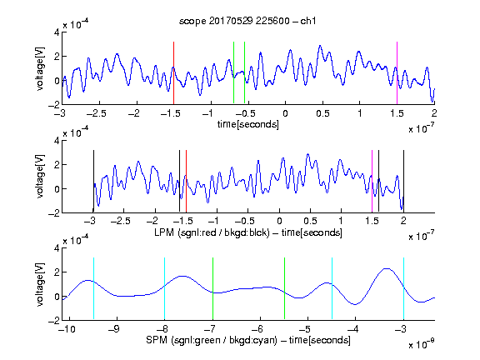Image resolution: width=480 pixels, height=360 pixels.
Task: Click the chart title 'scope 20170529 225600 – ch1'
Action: pyautogui.click(x=247, y=21)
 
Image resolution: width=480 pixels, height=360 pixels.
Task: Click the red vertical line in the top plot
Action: pyautogui.click(x=173, y=72)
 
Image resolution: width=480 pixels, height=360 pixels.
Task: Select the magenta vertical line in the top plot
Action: pyautogui.click(x=397, y=72)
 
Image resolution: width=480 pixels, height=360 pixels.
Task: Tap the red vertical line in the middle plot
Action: pyautogui.click(x=186, y=181)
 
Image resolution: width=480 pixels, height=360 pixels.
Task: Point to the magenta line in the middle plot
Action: pyautogui.click(x=372, y=181)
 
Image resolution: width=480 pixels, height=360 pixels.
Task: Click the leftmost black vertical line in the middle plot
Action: pyautogui.click(x=93, y=181)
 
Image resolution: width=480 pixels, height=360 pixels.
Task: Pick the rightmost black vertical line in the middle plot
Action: pyautogui.click(x=403, y=181)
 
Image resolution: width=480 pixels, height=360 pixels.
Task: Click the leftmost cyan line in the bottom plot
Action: pyautogui.click(x=93, y=288)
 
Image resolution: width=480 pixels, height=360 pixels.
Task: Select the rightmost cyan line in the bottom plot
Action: pyautogui.click(x=403, y=288)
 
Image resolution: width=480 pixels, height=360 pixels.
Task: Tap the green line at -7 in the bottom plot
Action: pyautogui.click(x=212, y=288)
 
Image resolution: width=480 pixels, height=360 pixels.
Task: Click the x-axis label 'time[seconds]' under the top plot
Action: pyautogui.click(x=248, y=125)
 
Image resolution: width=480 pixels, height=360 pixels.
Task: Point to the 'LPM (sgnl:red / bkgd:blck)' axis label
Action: pyautogui.click(x=212, y=232)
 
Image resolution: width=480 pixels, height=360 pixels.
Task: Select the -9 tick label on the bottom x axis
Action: pyautogui.click(x=114, y=329)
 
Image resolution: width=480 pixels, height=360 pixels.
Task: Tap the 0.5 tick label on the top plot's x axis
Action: pyautogui.click(x=322, y=113)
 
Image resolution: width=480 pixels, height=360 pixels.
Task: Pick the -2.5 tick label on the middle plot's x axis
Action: pyautogui.click(x=121, y=221)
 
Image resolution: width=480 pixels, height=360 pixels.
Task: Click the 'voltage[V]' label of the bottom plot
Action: pyautogui.click(x=40, y=284)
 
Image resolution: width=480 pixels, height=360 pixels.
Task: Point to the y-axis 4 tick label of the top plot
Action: pyautogui.click(x=57, y=32)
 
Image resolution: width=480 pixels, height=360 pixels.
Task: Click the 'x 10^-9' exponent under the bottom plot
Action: pyautogui.click(x=422, y=343)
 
